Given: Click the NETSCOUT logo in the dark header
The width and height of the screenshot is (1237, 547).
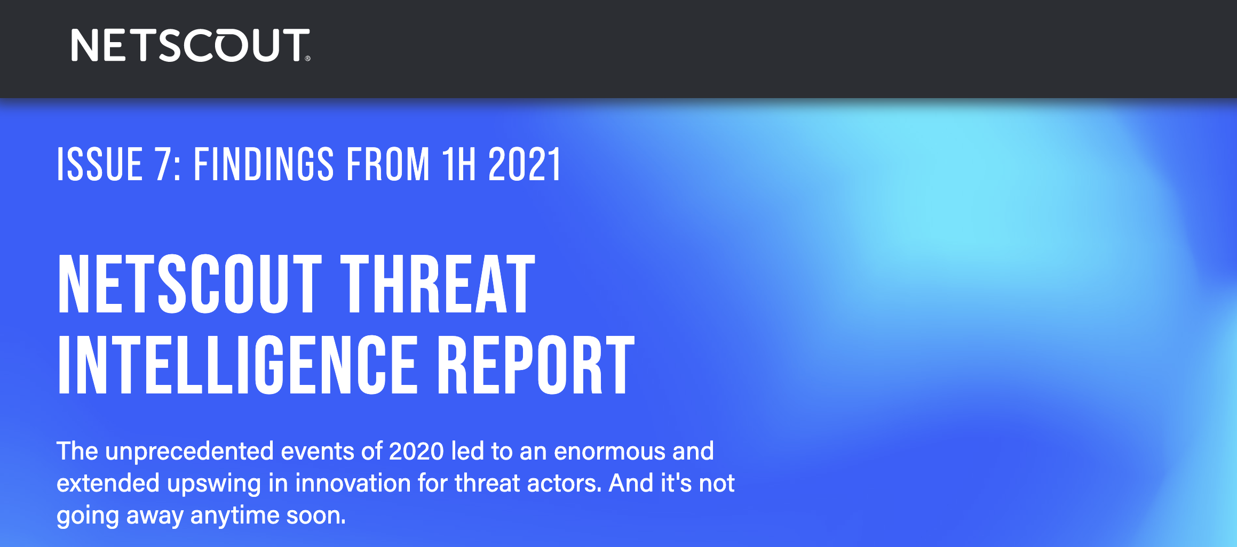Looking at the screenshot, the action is click(191, 45).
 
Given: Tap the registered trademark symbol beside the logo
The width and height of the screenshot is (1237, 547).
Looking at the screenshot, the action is click(307, 59).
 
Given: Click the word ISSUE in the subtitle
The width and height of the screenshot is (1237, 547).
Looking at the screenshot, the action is click(100, 164).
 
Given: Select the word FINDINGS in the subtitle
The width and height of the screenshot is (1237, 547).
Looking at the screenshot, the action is click(264, 164).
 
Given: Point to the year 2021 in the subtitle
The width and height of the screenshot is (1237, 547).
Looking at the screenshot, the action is click(525, 164).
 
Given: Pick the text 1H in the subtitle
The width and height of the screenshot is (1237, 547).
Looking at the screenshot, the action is click(458, 164).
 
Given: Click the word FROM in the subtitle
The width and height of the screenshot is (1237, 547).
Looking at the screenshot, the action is click(388, 164).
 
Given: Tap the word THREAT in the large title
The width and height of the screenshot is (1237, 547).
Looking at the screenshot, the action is click(438, 284).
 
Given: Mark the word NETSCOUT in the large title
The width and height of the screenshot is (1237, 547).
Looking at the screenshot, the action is click(190, 284).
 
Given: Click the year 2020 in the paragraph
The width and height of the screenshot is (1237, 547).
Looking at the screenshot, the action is click(416, 451).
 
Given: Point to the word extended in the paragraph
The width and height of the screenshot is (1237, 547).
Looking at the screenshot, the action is click(108, 483).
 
